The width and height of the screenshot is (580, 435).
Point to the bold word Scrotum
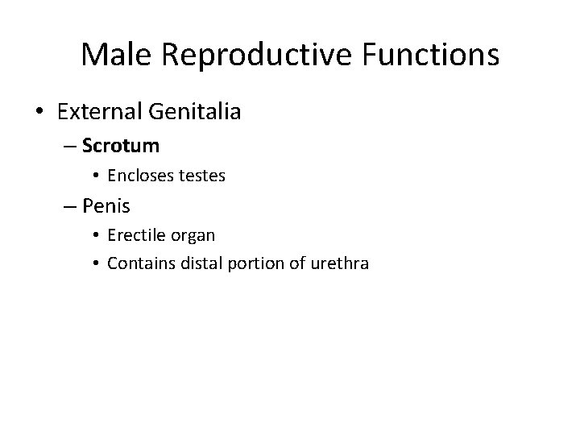(x=121, y=147)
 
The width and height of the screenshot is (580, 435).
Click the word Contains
(x=138, y=262)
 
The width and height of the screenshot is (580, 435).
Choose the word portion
(x=249, y=262)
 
